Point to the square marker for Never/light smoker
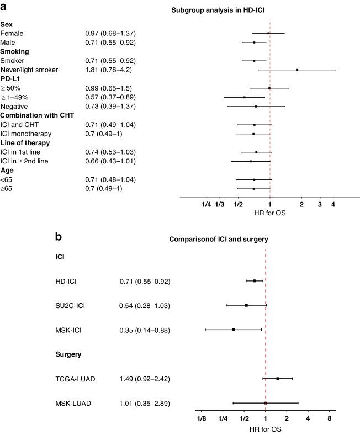297,70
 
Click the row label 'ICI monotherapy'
27,134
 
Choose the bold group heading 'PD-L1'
13,79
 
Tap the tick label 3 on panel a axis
320,205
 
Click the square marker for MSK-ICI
234,330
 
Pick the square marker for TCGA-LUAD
278,379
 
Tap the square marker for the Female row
268,33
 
